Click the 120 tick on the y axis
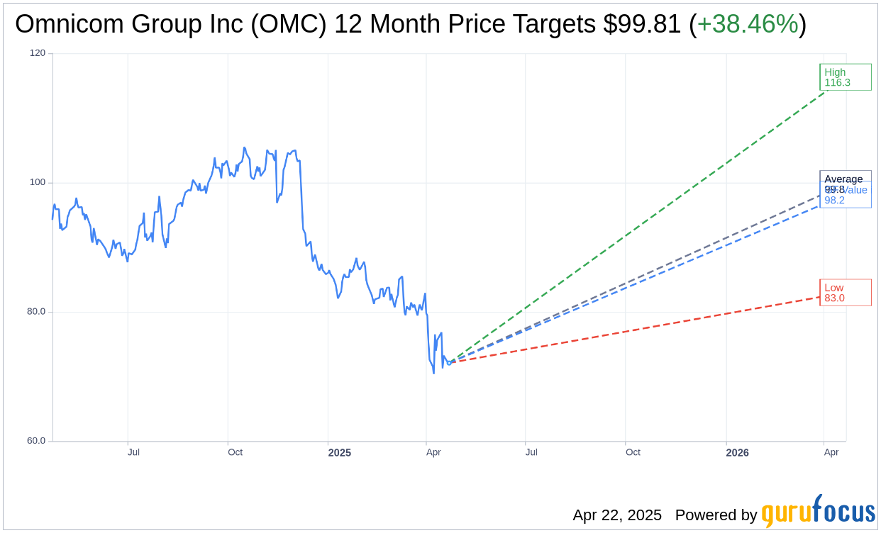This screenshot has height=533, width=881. coord(37,53)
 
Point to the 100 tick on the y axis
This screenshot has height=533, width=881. coord(37,182)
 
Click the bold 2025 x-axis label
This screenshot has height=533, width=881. coord(339,452)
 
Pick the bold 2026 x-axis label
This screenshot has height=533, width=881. coord(738,452)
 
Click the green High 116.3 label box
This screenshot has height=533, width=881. coord(845,77)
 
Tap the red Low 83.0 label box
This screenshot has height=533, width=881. coord(845,293)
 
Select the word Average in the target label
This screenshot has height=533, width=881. coord(843,179)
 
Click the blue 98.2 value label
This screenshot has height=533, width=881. coord(834,201)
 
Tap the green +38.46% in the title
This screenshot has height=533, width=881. coord(748,24)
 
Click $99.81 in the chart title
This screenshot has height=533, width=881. coord(643,24)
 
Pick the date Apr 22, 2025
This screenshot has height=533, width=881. coord(617,515)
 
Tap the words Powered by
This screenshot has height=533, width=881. coord(716,515)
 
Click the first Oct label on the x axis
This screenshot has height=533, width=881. coord(235,452)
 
